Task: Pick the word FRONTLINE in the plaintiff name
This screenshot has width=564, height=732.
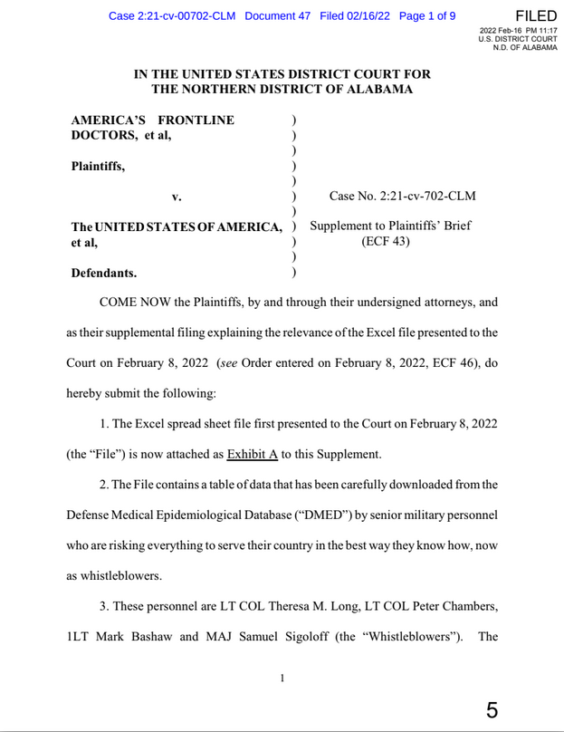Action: pos(195,120)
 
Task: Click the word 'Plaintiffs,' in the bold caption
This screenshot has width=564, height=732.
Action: pos(98,166)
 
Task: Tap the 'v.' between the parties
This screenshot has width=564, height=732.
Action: pos(177,196)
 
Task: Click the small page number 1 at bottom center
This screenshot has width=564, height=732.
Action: pos(282,678)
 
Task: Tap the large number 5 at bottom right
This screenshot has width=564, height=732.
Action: pos(492,709)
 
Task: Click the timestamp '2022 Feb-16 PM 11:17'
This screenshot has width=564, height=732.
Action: pos(518,31)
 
